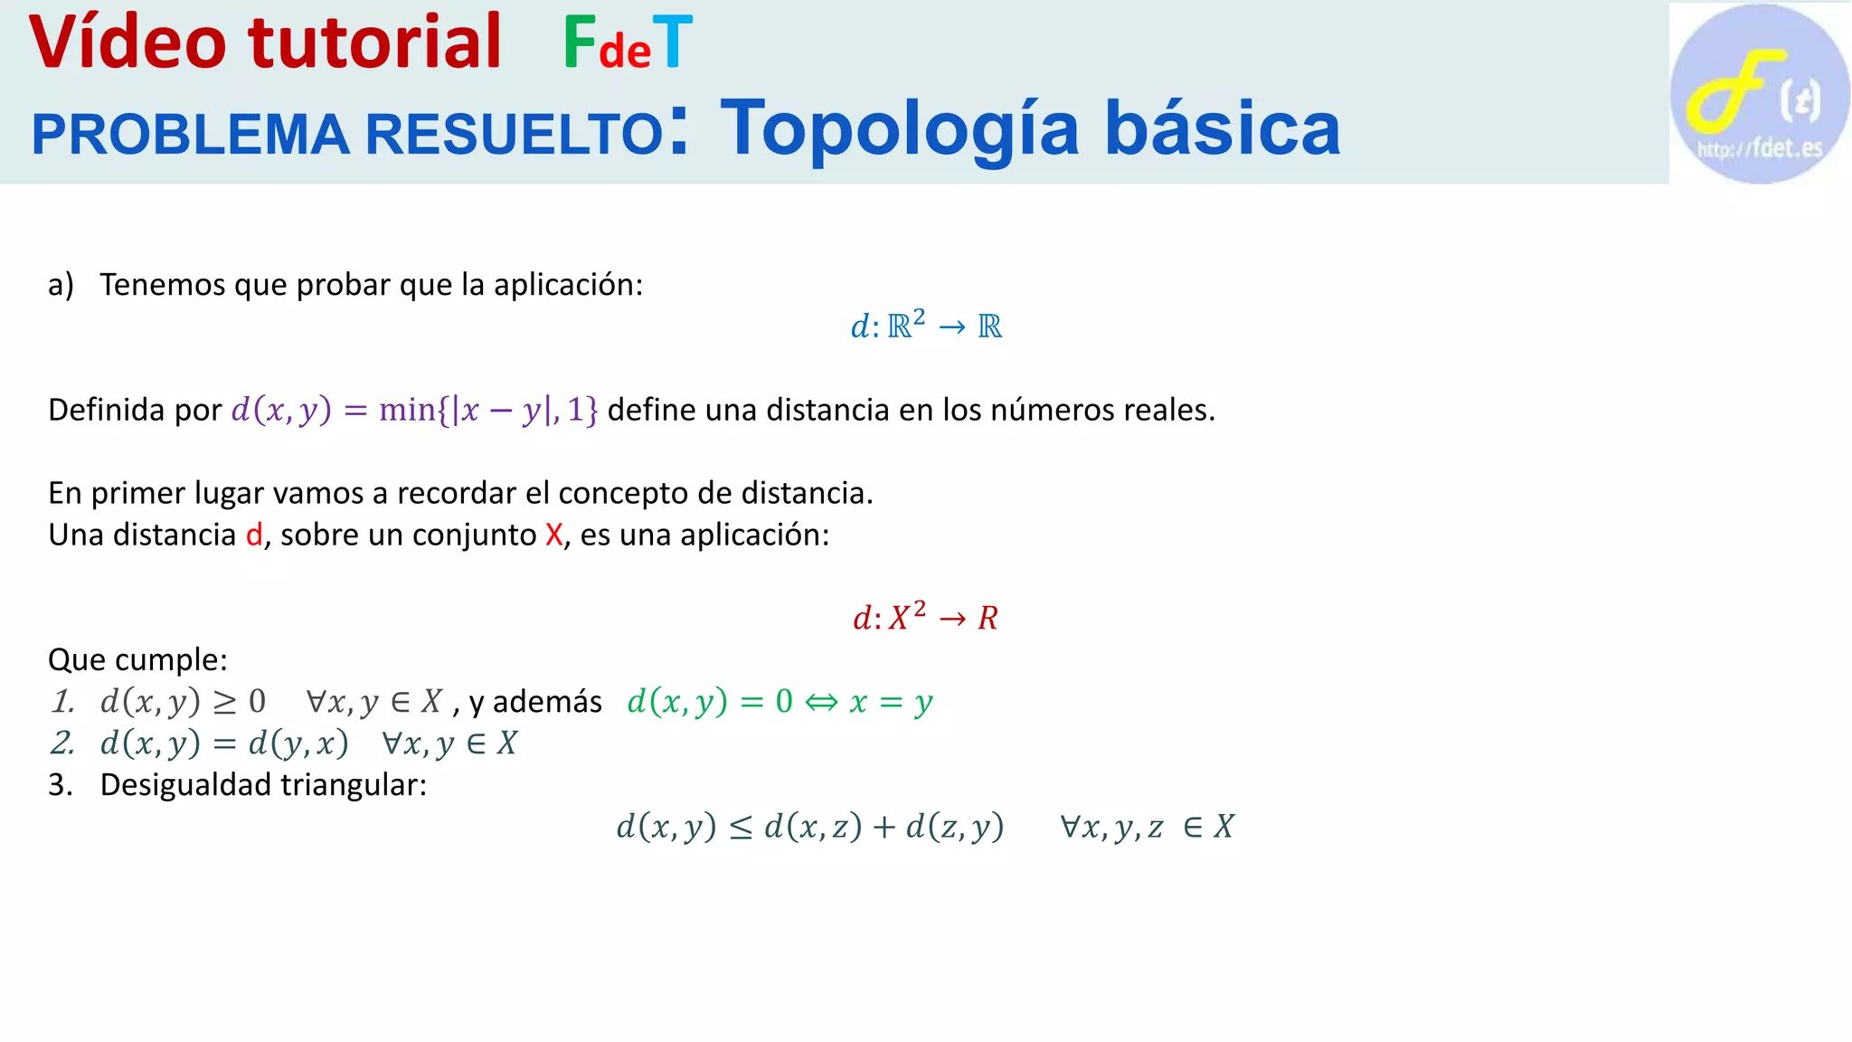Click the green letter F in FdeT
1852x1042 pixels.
pyautogui.click(x=579, y=43)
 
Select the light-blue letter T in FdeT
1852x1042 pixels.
pyautogui.click(x=672, y=43)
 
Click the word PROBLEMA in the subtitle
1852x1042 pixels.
pyautogui.click(x=190, y=135)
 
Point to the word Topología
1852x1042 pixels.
pyautogui.click(x=900, y=129)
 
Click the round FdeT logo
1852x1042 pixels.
pyautogui.click(x=1759, y=94)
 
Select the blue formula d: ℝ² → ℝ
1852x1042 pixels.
pyautogui.click(x=926, y=326)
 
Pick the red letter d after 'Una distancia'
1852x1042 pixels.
pyautogui.click(x=254, y=535)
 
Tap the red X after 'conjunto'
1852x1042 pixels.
pyautogui.click(x=553, y=535)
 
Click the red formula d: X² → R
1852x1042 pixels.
pyautogui.click(x=925, y=618)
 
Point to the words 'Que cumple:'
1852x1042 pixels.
pyautogui.click(x=137, y=659)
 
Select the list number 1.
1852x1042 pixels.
pyautogui.click(x=61, y=702)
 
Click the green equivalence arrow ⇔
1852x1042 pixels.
pyautogui.click(x=821, y=702)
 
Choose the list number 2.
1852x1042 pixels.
pyautogui.click(x=61, y=744)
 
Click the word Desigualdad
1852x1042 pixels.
pyautogui.click(x=185, y=785)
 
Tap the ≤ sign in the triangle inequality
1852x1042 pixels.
pyautogui.click(x=740, y=828)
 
